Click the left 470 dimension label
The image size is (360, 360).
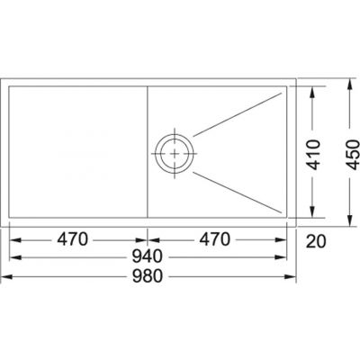click(72, 239)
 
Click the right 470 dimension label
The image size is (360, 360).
click(213, 239)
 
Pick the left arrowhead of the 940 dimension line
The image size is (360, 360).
click(12, 258)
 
